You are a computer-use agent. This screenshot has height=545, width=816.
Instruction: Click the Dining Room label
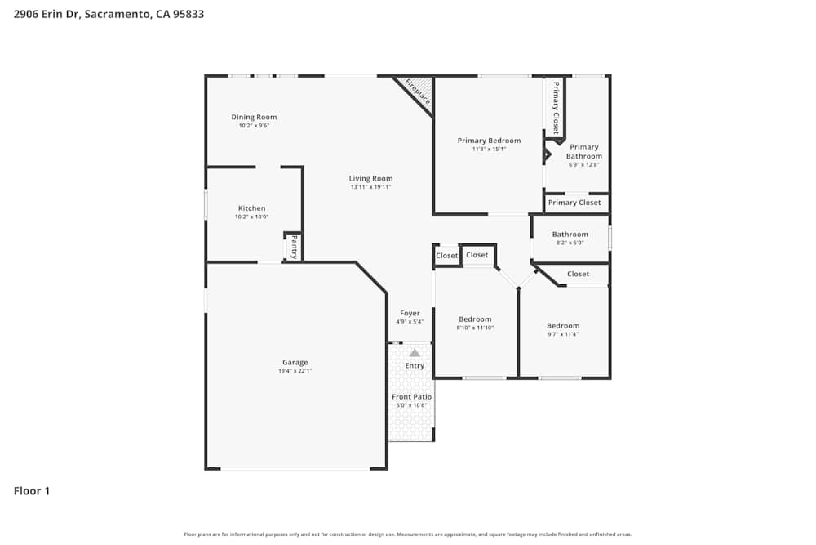coord(254,117)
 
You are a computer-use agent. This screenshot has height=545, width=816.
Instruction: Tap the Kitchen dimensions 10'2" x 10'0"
coord(252,217)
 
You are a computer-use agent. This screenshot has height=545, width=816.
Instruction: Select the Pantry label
coord(294,248)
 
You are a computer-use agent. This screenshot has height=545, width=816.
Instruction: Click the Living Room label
coord(371,178)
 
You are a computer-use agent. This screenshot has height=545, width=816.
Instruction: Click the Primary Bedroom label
coord(489,141)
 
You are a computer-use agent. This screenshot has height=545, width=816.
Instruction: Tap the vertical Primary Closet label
coord(556,108)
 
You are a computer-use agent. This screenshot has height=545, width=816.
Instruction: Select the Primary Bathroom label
coord(584,151)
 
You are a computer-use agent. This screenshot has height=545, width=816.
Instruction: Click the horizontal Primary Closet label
coord(574,203)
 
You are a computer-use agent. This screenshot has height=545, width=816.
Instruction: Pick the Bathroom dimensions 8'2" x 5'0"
coord(570,243)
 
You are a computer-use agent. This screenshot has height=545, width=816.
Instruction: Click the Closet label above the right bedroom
coord(578,274)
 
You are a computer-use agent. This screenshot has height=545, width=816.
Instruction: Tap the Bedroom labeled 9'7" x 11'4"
coord(563,326)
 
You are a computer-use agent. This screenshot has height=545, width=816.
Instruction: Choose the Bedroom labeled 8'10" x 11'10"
coord(475,319)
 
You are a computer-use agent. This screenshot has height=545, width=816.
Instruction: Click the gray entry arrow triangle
coord(415,353)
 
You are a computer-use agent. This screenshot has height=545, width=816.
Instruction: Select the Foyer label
coord(410,313)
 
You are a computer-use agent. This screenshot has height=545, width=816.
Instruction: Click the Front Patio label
coord(411,396)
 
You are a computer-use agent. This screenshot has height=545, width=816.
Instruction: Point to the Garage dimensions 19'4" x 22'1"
coord(295,371)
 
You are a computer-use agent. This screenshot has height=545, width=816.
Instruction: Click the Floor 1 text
coord(32,491)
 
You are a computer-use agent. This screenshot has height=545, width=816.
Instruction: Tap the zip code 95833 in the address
coord(187,14)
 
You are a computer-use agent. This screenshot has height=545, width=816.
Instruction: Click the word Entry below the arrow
coord(415,365)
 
